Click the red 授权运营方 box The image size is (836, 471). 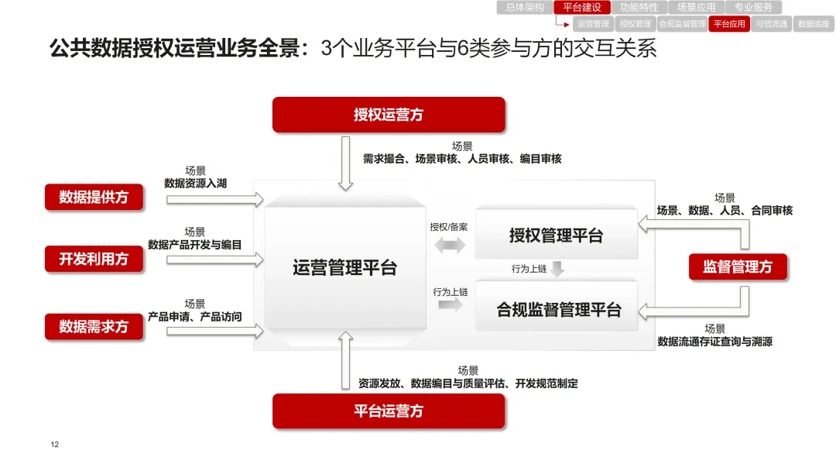pos(389,115)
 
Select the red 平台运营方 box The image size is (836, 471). pos(389,411)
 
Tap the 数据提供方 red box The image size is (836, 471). pos(94,197)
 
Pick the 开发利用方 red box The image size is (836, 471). pos(94,259)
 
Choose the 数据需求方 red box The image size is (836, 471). pos(94,326)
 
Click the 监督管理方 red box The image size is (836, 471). pos(737,266)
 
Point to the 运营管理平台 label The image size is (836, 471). pos(344,268)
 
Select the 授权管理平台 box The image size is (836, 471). pos(556,235)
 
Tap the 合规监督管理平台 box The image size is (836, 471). pos(559,310)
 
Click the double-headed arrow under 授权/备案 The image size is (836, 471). pos(450,246)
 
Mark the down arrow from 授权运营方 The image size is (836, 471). pos(346,163)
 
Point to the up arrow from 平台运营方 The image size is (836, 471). pos(346,360)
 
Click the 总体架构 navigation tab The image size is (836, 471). pos(525,8)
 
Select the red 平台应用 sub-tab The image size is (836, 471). pos(729,24)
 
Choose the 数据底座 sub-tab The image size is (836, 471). pos(814,24)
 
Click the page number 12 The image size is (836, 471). pos(54,445)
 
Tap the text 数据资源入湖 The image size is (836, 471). pos(195,184)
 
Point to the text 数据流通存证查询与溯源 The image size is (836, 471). pos(714,341)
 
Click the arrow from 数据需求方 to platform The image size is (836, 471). pos(215,331)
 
